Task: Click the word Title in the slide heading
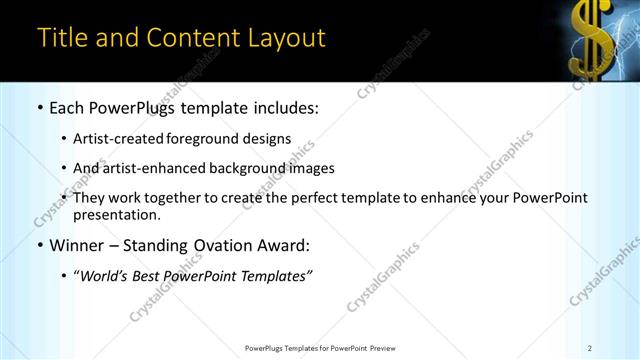[x=62, y=38]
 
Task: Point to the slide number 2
[x=590, y=348]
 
